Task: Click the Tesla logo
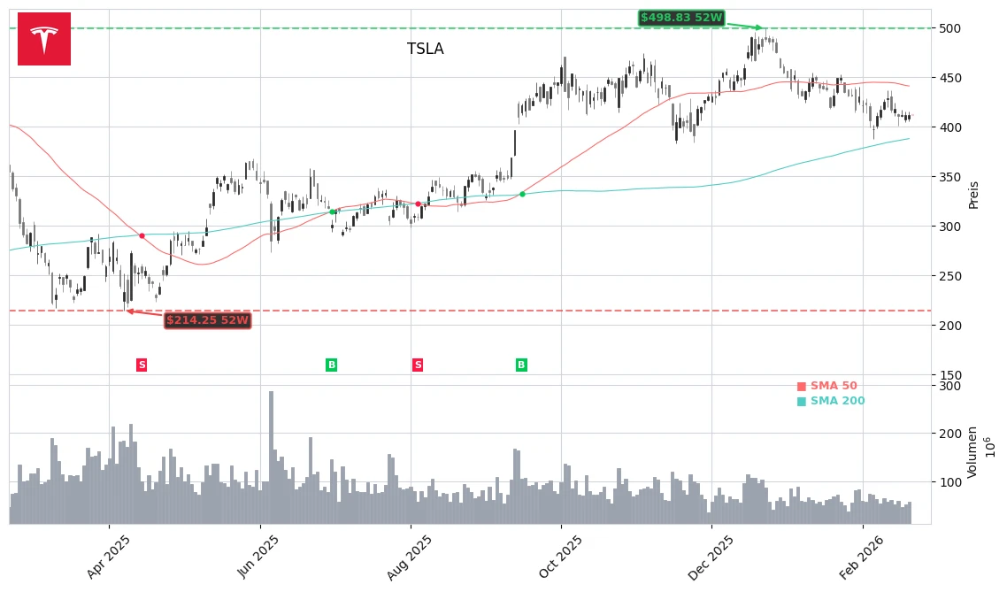click(x=44, y=39)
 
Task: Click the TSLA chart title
click(x=426, y=50)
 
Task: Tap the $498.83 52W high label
click(x=681, y=18)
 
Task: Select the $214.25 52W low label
click(x=208, y=320)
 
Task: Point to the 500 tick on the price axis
click(x=949, y=28)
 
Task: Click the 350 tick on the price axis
click(x=949, y=177)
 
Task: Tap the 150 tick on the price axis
click(x=949, y=375)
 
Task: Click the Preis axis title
click(x=974, y=195)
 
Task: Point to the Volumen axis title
click(x=972, y=452)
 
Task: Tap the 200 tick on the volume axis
click(x=949, y=434)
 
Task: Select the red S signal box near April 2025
click(x=142, y=365)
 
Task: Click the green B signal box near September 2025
click(x=521, y=365)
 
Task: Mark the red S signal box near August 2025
click(x=418, y=365)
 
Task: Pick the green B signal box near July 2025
click(x=332, y=365)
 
